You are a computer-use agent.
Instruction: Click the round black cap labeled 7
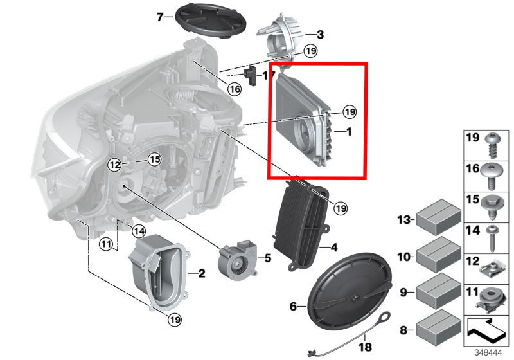click(x=211, y=20)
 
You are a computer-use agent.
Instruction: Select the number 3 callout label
click(x=320, y=35)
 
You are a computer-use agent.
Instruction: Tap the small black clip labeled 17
click(x=252, y=76)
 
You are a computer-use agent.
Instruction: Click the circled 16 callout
click(x=235, y=89)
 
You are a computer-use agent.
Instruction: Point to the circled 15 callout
click(x=154, y=159)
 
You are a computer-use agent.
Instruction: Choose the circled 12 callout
click(x=115, y=165)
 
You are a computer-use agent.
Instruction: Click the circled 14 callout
click(x=139, y=231)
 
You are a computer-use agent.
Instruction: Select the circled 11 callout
click(x=106, y=244)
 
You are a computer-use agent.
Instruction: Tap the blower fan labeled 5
click(x=238, y=259)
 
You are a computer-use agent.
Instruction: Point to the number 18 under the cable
click(x=365, y=346)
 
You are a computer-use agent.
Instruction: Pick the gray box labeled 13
click(x=439, y=217)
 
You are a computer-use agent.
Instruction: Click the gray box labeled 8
click(x=439, y=327)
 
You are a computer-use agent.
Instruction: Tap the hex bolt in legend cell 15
click(x=491, y=207)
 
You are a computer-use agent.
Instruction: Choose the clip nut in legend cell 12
click(x=491, y=270)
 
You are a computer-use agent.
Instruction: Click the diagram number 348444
click(x=488, y=353)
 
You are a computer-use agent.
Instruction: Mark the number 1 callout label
click(x=349, y=132)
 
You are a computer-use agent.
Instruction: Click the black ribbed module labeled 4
click(x=300, y=224)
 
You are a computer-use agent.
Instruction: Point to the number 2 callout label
click(x=202, y=273)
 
